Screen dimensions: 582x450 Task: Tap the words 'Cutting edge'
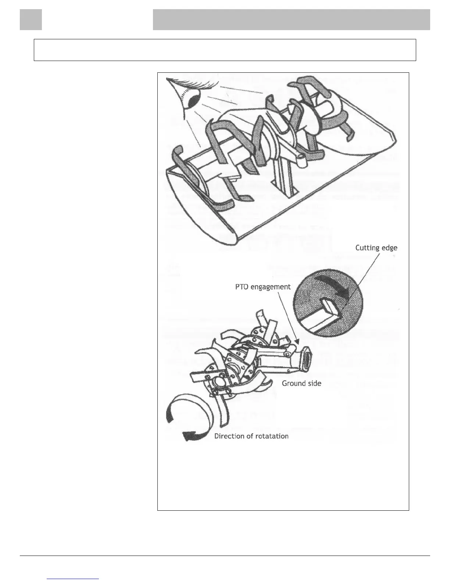click(376, 248)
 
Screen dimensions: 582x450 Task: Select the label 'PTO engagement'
click(263, 287)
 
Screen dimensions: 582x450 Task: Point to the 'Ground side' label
click(301, 384)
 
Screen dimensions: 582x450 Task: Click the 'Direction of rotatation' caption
click(251, 436)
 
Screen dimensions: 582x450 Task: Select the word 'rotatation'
click(271, 436)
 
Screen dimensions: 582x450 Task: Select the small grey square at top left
click(31, 19)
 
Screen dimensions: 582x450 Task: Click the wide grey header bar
click(291, 19)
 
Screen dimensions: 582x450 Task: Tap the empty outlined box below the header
click(225, 50)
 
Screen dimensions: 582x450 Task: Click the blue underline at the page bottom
click(73, 579)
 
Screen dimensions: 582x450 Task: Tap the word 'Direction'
click(230, 436)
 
